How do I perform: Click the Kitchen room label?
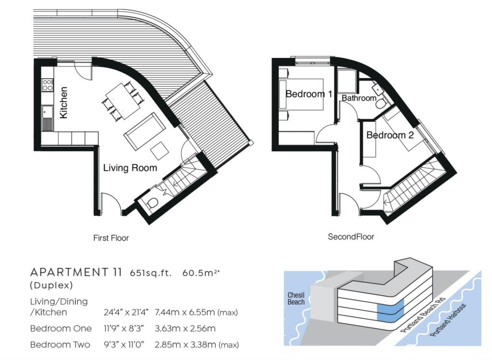(x=63, y=102)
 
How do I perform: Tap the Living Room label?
(x=130, y=168)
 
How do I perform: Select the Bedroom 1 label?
(x=308, y=94)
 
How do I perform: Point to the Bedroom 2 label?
(x=390, y=135)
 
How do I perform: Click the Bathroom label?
(x=359, y=98)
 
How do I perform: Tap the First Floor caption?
(x=111, y=238)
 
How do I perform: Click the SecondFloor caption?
(x=351, y=237)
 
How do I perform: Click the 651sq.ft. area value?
(x=150, y=273)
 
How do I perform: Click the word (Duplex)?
(x=51, y=285)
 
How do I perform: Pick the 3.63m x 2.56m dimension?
(x=185, y=329)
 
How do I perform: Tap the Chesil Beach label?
(x=296, y=298)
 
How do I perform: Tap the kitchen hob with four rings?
(x=48, y=85)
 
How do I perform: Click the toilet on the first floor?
(x=152, y=204)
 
